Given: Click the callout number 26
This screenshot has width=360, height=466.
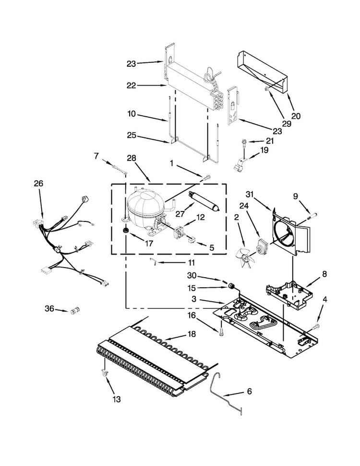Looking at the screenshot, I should pyautogui.click(x=38, y=183).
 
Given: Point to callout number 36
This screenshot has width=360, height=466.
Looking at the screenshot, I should pyautogui.click(x=49, y=309).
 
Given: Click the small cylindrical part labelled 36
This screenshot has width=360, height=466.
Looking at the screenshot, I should pyautogui.click(x=74, y=311).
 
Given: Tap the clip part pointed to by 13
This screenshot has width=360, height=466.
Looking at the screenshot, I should pyautogui.click(x=103, y=373).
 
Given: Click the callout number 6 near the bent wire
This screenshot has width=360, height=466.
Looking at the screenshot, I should pyautogui.click(x=249, y=392).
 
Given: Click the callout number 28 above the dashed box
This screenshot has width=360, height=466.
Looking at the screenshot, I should pyautogui.click(x=131, y=158).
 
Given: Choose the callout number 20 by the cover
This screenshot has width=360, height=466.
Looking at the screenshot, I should pyautogui.click(x=296, y=116).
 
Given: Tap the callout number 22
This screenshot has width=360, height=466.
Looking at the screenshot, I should pyautogui.click(x=131, y=86).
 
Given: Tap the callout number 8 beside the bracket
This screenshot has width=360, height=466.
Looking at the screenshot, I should pyautogui.click(x=324, y=274).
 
